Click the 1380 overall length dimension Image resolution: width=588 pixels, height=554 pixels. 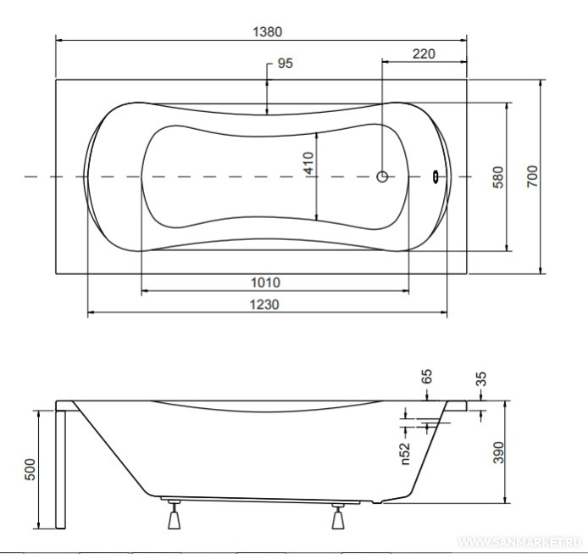point(268,32)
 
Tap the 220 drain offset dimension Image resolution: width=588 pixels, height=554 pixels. point(424,54)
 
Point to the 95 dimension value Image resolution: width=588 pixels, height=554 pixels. point(285,63)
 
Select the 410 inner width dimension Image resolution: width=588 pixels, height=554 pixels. point(308,163)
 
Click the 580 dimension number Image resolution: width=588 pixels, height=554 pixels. point(498,177)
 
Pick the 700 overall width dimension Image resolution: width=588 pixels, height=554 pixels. point(532,176)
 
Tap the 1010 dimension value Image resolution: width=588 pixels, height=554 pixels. point(265,283)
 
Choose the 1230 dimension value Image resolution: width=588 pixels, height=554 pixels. point(264,305)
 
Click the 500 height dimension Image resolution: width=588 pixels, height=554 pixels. point(30,469)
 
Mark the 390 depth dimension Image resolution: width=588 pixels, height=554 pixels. point(498,452)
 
